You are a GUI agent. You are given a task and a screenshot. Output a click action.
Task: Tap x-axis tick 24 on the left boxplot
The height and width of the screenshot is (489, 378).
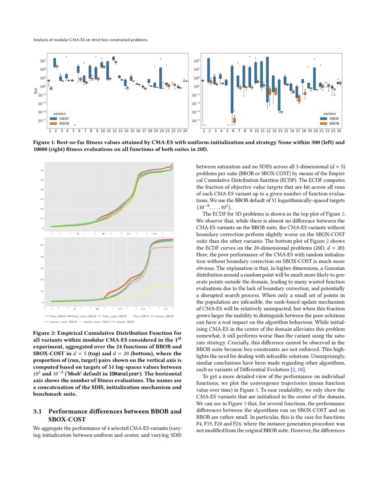(x=185, y=131)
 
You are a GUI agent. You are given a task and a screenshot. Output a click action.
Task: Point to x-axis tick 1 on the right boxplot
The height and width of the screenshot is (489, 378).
(x=204, y=131)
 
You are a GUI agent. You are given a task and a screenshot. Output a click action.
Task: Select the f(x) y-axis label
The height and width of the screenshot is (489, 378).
(x=36, y=91)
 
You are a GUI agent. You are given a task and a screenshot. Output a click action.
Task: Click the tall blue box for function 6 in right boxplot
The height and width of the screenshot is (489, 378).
(x=232, y=89)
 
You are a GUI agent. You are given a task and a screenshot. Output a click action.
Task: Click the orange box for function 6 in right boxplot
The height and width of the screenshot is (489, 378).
(x=235, y=120)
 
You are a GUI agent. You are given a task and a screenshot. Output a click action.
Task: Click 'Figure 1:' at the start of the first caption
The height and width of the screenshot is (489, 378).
(x=45, y=142)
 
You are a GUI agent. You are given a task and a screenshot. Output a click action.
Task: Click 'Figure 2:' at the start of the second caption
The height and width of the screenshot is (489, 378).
(x=45, y=333)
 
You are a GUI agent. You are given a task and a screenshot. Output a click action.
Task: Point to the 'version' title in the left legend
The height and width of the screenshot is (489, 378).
(x=60, y=113)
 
